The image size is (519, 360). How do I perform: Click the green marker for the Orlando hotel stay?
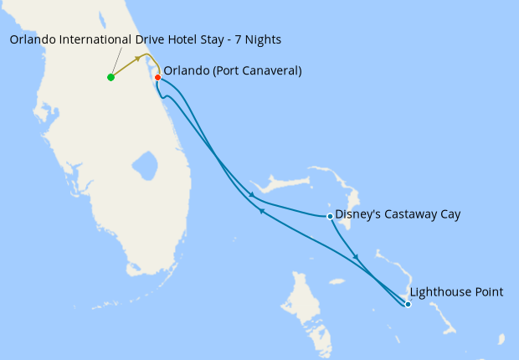pos(110,77)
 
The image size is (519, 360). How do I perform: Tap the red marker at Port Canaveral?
pos(157,77)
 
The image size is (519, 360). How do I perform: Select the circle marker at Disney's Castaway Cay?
pos(330,216)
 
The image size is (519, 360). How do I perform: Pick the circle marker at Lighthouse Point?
pos(408,304)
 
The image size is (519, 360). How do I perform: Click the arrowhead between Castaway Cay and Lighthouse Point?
pos(357,257)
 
